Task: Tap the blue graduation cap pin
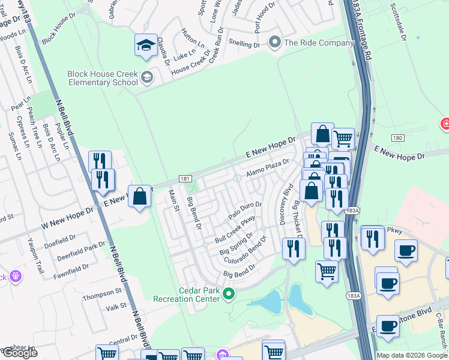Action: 146,46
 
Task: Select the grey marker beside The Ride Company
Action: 276,42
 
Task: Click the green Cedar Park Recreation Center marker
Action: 228,294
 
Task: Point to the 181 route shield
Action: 185,179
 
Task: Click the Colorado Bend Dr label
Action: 244,253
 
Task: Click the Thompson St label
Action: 102,293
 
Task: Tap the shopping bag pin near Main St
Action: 139,196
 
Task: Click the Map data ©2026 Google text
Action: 412,355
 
